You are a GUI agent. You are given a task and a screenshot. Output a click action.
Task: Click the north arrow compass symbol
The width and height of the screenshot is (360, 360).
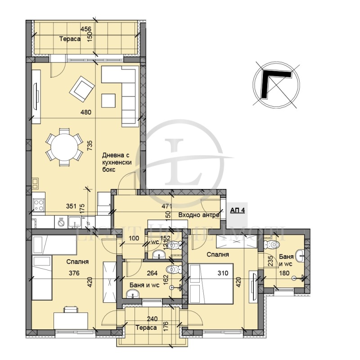point(275,86)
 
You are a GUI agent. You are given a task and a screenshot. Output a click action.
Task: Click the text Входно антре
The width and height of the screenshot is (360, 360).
point(199,215)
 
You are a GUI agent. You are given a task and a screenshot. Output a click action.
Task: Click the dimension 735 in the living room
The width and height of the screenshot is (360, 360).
point(90,145)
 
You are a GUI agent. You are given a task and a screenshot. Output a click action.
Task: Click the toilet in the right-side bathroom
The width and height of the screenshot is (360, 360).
point(272,245)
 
